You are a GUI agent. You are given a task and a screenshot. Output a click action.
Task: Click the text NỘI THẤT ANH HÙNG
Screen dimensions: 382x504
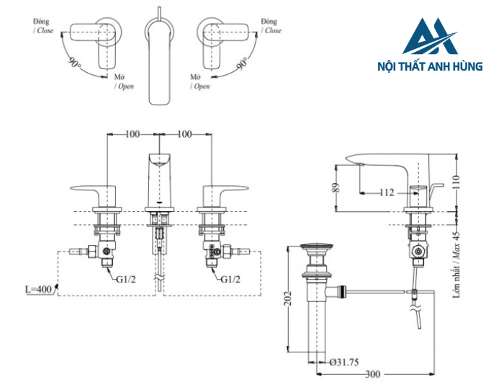coord(431,66)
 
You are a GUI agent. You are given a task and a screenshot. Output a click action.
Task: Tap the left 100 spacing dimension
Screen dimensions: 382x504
coord(132,134)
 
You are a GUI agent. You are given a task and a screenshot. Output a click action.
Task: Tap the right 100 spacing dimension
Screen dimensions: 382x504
coord(184,134)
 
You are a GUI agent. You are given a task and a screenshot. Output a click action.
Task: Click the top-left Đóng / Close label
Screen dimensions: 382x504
coord(43,27)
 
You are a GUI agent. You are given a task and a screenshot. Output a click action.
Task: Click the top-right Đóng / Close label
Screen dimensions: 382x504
coord(271,27)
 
